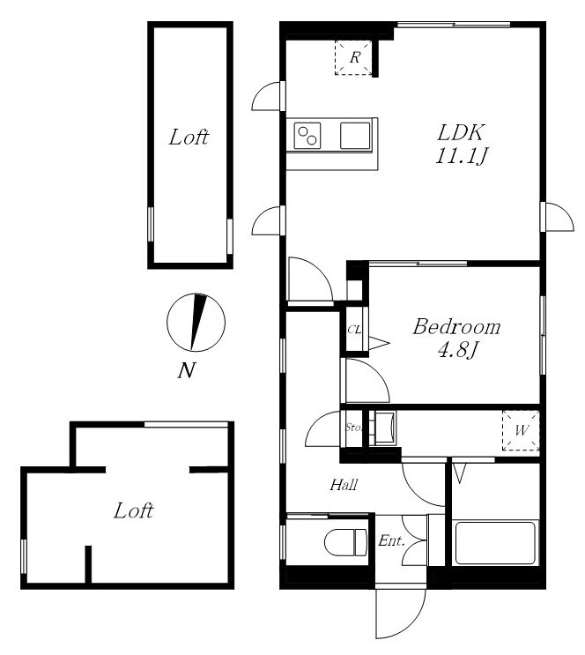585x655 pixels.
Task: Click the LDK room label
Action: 461,133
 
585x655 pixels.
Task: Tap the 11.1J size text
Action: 462,156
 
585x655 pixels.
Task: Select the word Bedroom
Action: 456,327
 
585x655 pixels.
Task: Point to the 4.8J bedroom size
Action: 457,350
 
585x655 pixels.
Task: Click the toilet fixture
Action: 345,542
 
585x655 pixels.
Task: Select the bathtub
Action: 496,542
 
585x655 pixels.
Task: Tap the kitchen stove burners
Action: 307,136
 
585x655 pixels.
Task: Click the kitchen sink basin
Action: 355,136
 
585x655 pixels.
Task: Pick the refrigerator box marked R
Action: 353,57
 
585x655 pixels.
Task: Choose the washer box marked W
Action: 521,430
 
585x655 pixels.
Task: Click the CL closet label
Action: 354,330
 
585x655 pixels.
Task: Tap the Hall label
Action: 344,485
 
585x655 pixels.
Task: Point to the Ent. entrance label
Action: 391,541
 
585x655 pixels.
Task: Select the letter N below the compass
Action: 187,370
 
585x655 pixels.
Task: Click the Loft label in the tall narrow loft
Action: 189,137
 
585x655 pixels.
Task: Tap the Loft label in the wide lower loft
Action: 134,510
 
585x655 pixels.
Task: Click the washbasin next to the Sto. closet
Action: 385,428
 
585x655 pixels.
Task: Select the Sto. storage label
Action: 353,428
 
